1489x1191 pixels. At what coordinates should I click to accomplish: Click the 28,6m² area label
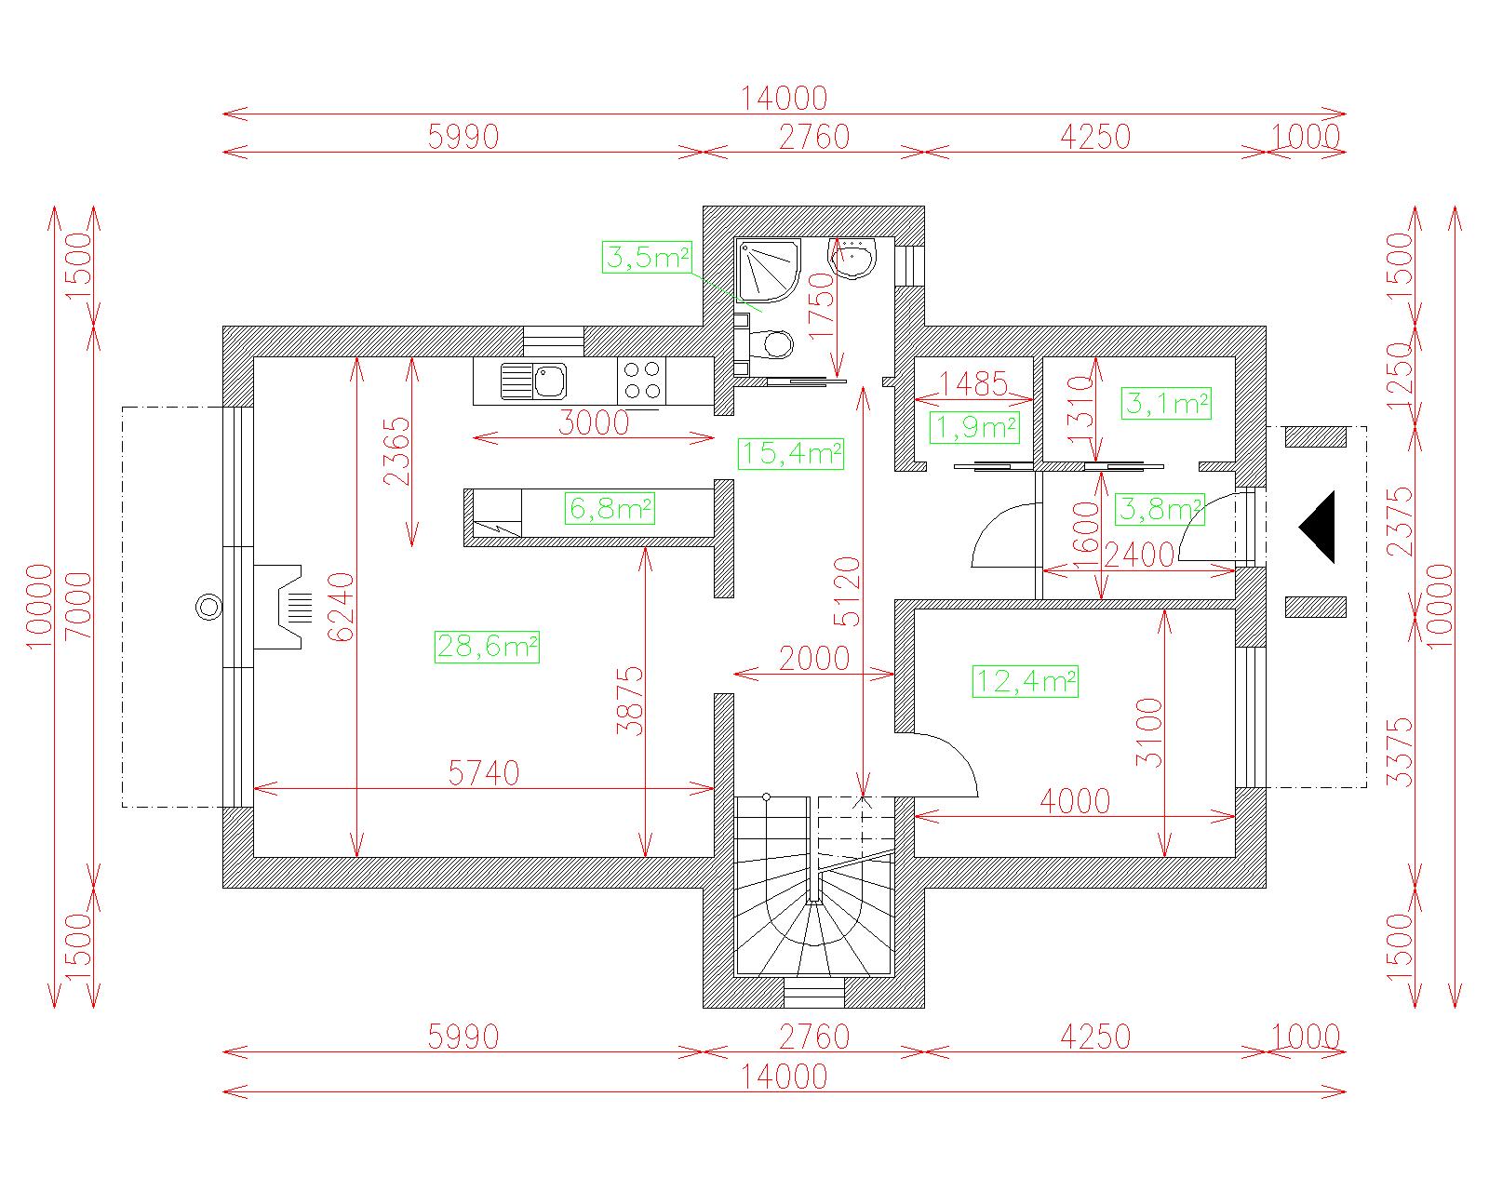pos(487,647)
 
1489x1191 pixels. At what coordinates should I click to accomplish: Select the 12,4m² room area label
pos(1025,682)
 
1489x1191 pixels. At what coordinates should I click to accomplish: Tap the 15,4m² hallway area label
pos(791,453)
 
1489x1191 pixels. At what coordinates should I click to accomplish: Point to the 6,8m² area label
pos(610,509)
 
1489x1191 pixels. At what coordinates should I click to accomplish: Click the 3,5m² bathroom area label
pos(647,258)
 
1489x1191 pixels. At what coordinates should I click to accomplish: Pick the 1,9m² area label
pos(975,428)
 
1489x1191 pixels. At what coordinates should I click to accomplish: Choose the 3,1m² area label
pos(1166,403)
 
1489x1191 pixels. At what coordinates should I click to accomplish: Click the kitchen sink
pos(533,381)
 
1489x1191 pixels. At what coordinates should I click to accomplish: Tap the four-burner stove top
pos(642,381)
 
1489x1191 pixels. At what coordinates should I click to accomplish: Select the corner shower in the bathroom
pos(768,271)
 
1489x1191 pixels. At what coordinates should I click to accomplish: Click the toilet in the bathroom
pos(770,344)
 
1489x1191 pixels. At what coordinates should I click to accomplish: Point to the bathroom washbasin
pos(852,258)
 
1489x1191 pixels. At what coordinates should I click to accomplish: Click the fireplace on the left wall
pos(282,607)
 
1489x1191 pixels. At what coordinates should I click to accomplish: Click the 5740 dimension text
pos(484,773)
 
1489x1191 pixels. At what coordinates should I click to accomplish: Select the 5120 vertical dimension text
pos(848,592)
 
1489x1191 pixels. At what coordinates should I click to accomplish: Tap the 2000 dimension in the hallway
pos(814,658)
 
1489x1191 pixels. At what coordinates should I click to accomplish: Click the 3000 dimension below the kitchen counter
pos(594,422)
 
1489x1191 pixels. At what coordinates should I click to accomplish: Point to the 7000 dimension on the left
pos(78,606)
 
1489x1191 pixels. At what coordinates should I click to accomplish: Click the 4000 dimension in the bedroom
pos(1075,801)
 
